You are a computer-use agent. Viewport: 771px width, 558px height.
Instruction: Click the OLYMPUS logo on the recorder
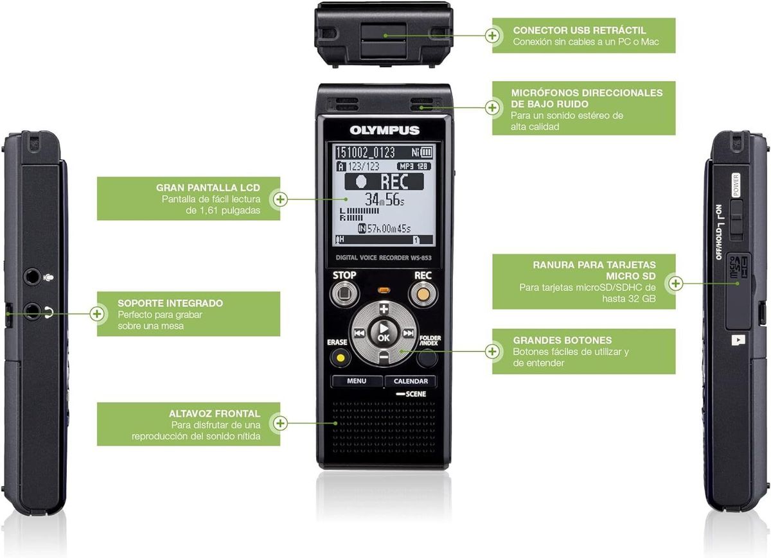pos(384,130)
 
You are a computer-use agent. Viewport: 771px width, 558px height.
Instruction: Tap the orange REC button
pos(422,295)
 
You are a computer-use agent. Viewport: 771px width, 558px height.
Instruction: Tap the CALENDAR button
pos(411,381)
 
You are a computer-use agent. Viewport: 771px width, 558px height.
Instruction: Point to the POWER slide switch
pos(737,218)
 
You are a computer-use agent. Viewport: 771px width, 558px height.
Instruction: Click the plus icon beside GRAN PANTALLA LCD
pos(280,199)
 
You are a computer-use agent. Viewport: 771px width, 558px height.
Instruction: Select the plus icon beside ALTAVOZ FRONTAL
pos(280,423)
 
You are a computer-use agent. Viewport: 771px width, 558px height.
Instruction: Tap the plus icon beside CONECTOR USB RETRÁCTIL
pos(493,35)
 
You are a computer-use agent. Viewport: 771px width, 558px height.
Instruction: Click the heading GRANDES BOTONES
pos(562,340)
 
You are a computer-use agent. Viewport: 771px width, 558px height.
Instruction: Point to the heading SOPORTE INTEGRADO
pos(170,302)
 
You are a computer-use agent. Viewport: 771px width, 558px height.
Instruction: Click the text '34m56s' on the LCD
pos(385,198)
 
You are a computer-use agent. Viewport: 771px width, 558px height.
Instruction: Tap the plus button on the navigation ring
pos(384,309)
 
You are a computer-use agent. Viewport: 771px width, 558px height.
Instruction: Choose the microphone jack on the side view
pos(32,277)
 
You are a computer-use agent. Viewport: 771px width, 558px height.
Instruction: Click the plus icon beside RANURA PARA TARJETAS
pos(675,282)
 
